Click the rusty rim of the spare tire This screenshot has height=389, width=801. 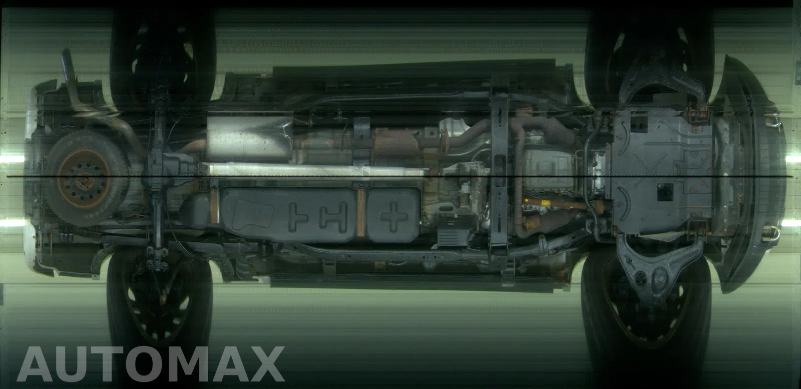tap(85, 179)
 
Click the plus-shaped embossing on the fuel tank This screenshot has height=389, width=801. tap(393, 216)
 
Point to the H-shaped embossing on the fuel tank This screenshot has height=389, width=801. tap(333, 215)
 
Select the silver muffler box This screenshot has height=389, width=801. tap(250, 138)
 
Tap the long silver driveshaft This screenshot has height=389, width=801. tap(315, 170)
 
